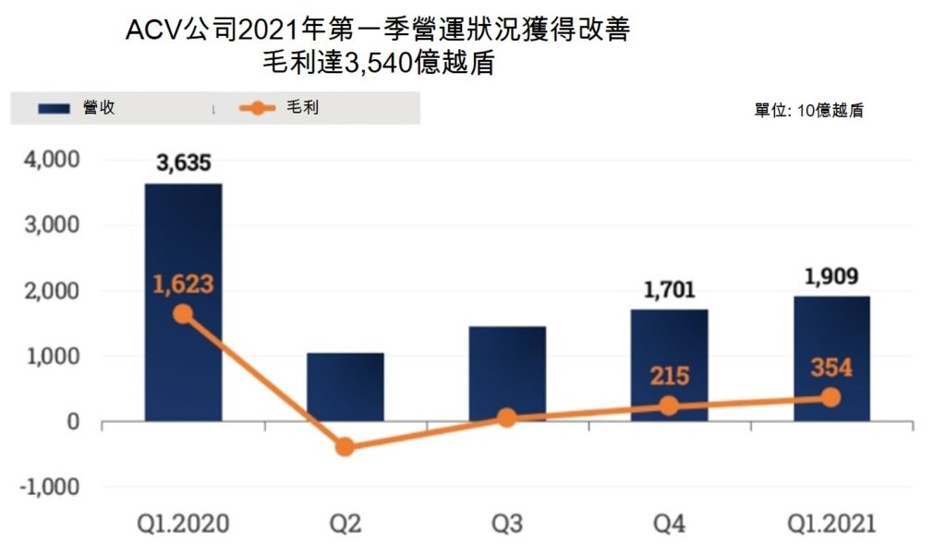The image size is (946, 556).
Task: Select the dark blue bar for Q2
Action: [x=346, y=387]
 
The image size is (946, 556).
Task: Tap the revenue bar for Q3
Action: [x=507, y=369]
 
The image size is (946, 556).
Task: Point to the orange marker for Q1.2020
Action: [x=183, y=314]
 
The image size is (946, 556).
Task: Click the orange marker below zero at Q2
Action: [x=346, y=447]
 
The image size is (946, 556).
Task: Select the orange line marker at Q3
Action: [x=507, y=417]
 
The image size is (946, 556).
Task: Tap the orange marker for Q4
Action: [x=669, y=406]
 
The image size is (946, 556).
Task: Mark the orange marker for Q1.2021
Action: [x=831, y=397]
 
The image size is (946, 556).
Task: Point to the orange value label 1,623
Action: [x=183, y=284]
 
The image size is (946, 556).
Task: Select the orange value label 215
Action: [x=669, y=377]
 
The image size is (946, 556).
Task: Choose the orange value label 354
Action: [x=831, y=367]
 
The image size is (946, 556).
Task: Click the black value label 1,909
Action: [x=831, y=276]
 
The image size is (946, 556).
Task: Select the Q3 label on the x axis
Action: [x=507, y=525]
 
